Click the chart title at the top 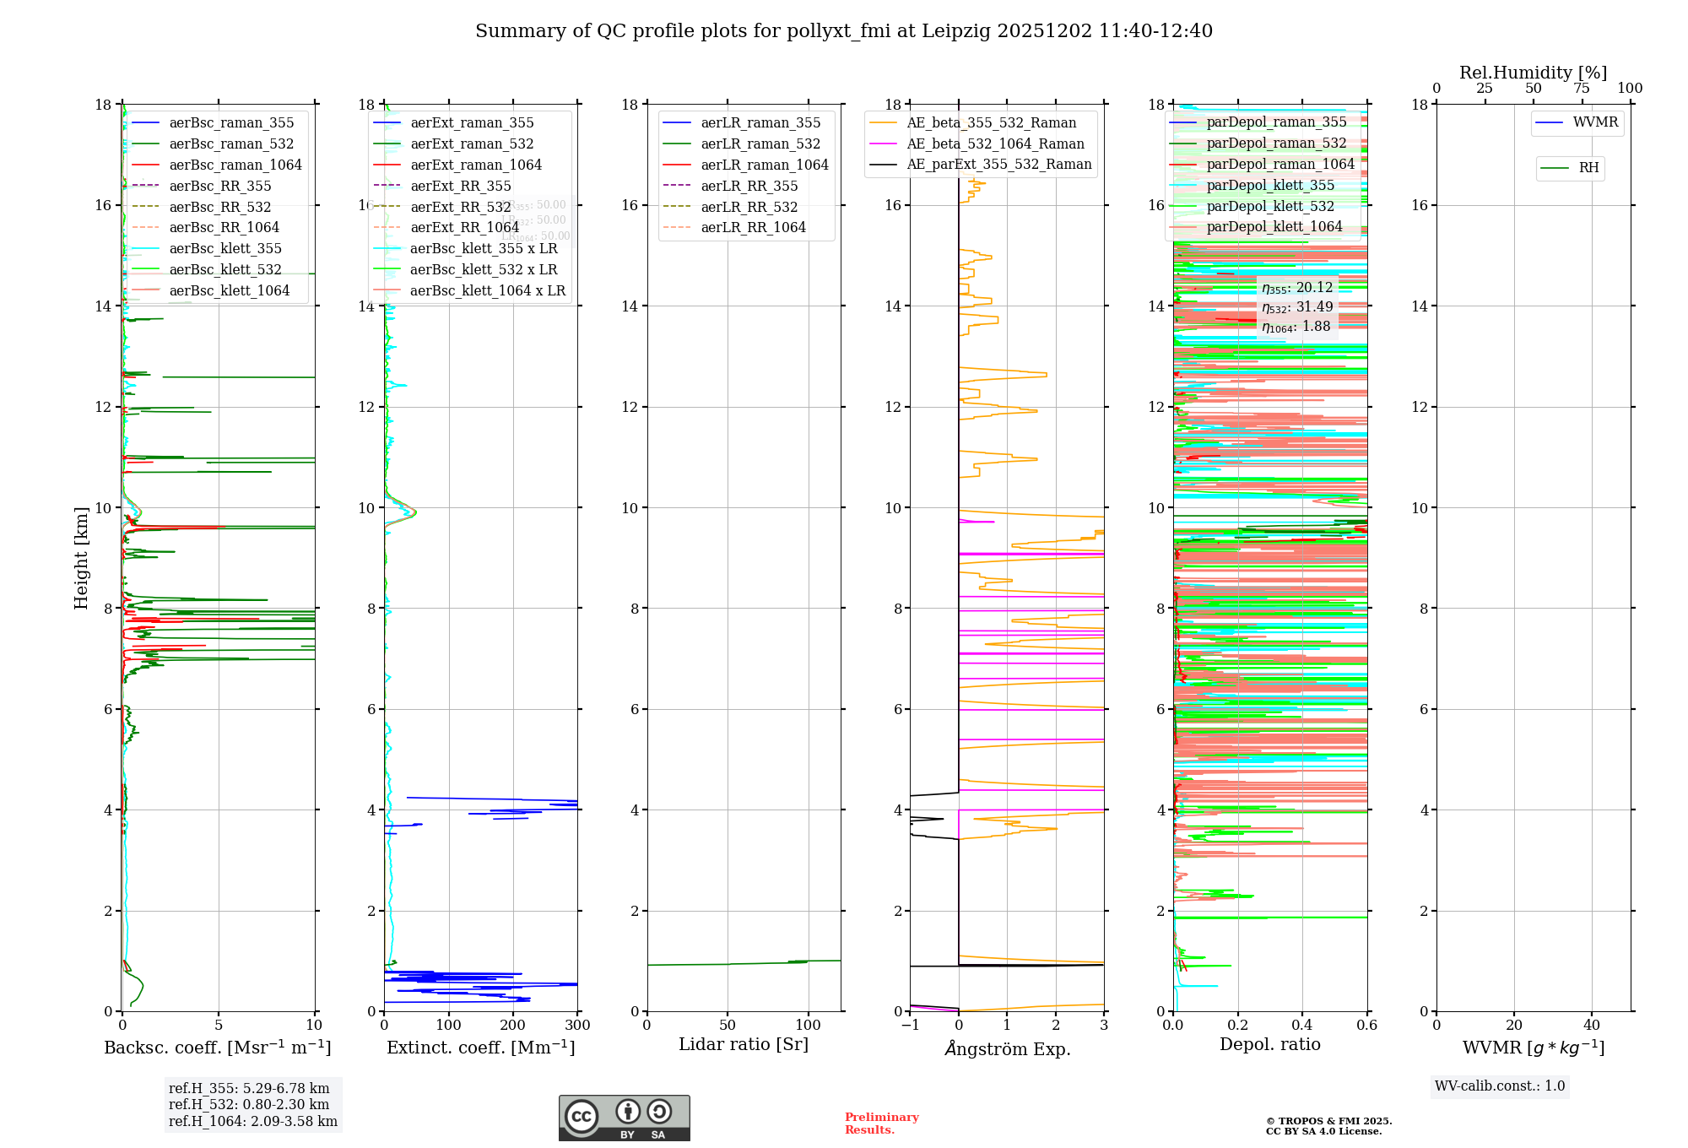[x=844, y=31]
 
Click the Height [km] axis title [x=81, y=558]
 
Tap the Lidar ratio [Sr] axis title [x=744, y=1045]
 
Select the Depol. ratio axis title [x=1269, y=1045]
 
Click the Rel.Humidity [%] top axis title [x=1533, y=73]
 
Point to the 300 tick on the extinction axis [x=578, y=1026]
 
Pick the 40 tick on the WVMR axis [x=1591, y=1026]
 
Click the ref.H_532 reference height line [x=248, y=1105]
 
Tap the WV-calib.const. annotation [x=1499, y=1086]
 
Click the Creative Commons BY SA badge [x=624, y=1118]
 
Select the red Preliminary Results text [x=881, y=1124]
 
